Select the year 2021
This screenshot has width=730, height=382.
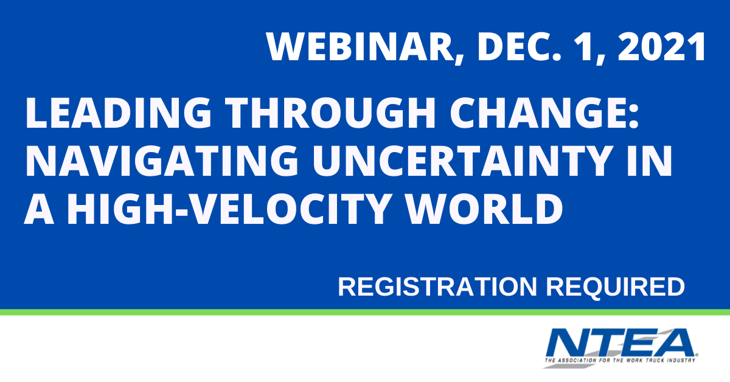(x=662, y=46)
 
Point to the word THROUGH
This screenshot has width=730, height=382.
(x=330, y=113)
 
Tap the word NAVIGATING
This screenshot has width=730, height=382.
(x=162, y=161)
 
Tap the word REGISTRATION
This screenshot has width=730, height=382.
(x=437, y=286)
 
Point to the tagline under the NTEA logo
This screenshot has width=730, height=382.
(x=620, y=360)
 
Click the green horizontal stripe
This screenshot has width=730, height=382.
(x=365, y=312)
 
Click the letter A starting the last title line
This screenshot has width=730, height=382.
(x=39, y=209)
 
